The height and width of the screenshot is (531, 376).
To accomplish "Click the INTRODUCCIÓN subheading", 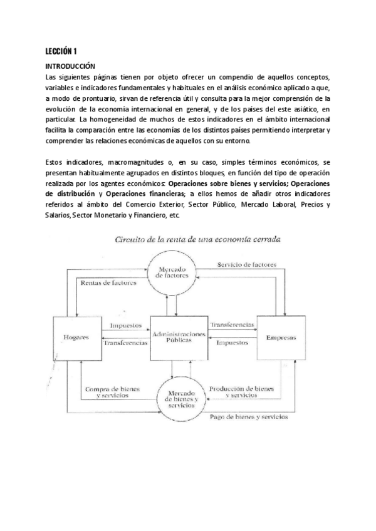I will tap(70, 65).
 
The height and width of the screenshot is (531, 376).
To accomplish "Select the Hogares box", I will tap(75, 338).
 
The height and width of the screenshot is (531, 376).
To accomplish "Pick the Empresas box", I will tap(281, 338).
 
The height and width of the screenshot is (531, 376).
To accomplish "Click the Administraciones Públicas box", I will tap(179, 338).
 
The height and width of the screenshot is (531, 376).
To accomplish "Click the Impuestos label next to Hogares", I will tap(125, 326).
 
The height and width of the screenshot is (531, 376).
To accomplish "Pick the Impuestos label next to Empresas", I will tap(231, 343).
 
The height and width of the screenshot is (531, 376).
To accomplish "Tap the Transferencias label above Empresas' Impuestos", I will tap(232, 326).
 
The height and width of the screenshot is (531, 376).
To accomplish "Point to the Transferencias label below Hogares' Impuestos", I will tap(125, 343).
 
